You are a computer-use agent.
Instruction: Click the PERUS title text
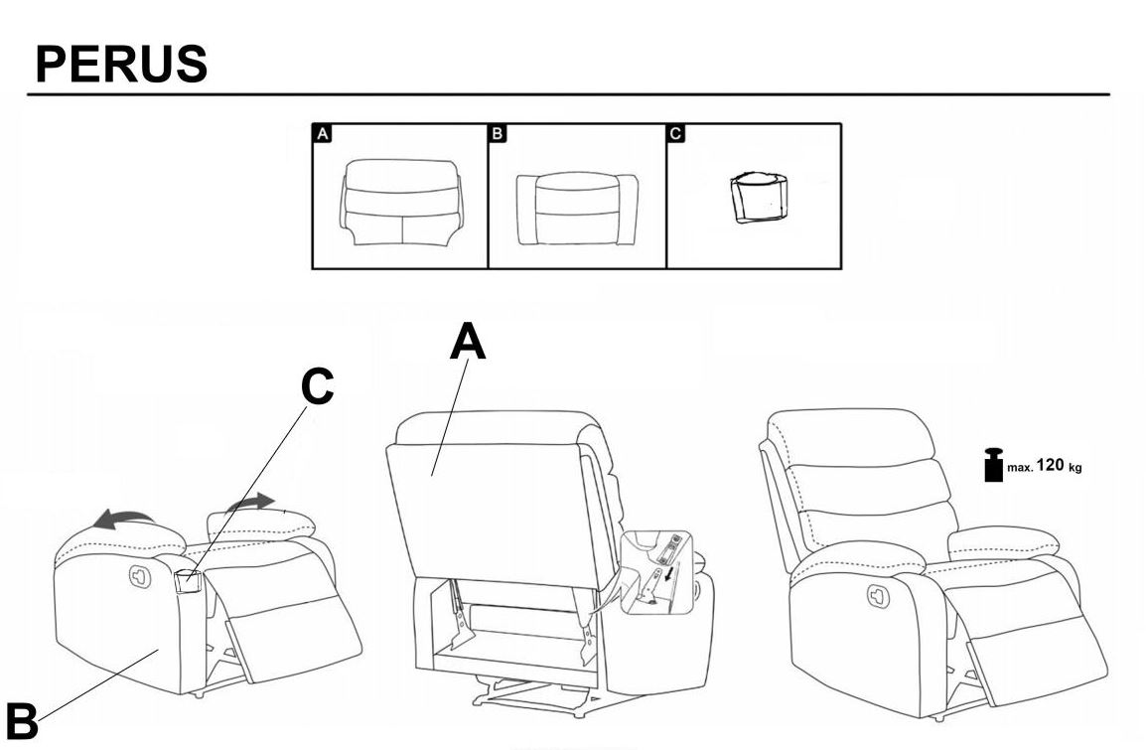(x=120, y=63)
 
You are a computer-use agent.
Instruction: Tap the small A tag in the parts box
(x=322, y=133)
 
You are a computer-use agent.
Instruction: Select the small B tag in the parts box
(x=499, y=133)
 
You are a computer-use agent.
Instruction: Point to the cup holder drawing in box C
(x=758, y=199)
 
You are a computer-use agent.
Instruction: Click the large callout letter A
(x=468, y=344)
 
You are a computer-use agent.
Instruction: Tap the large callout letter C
(x=317, y=388)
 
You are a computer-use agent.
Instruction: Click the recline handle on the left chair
(x=139, y=575)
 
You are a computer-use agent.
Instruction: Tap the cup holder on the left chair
(x=187, y=582)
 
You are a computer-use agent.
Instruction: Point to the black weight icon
(x=992, y=466)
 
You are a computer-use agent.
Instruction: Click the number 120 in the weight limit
(x=1051, y=465)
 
